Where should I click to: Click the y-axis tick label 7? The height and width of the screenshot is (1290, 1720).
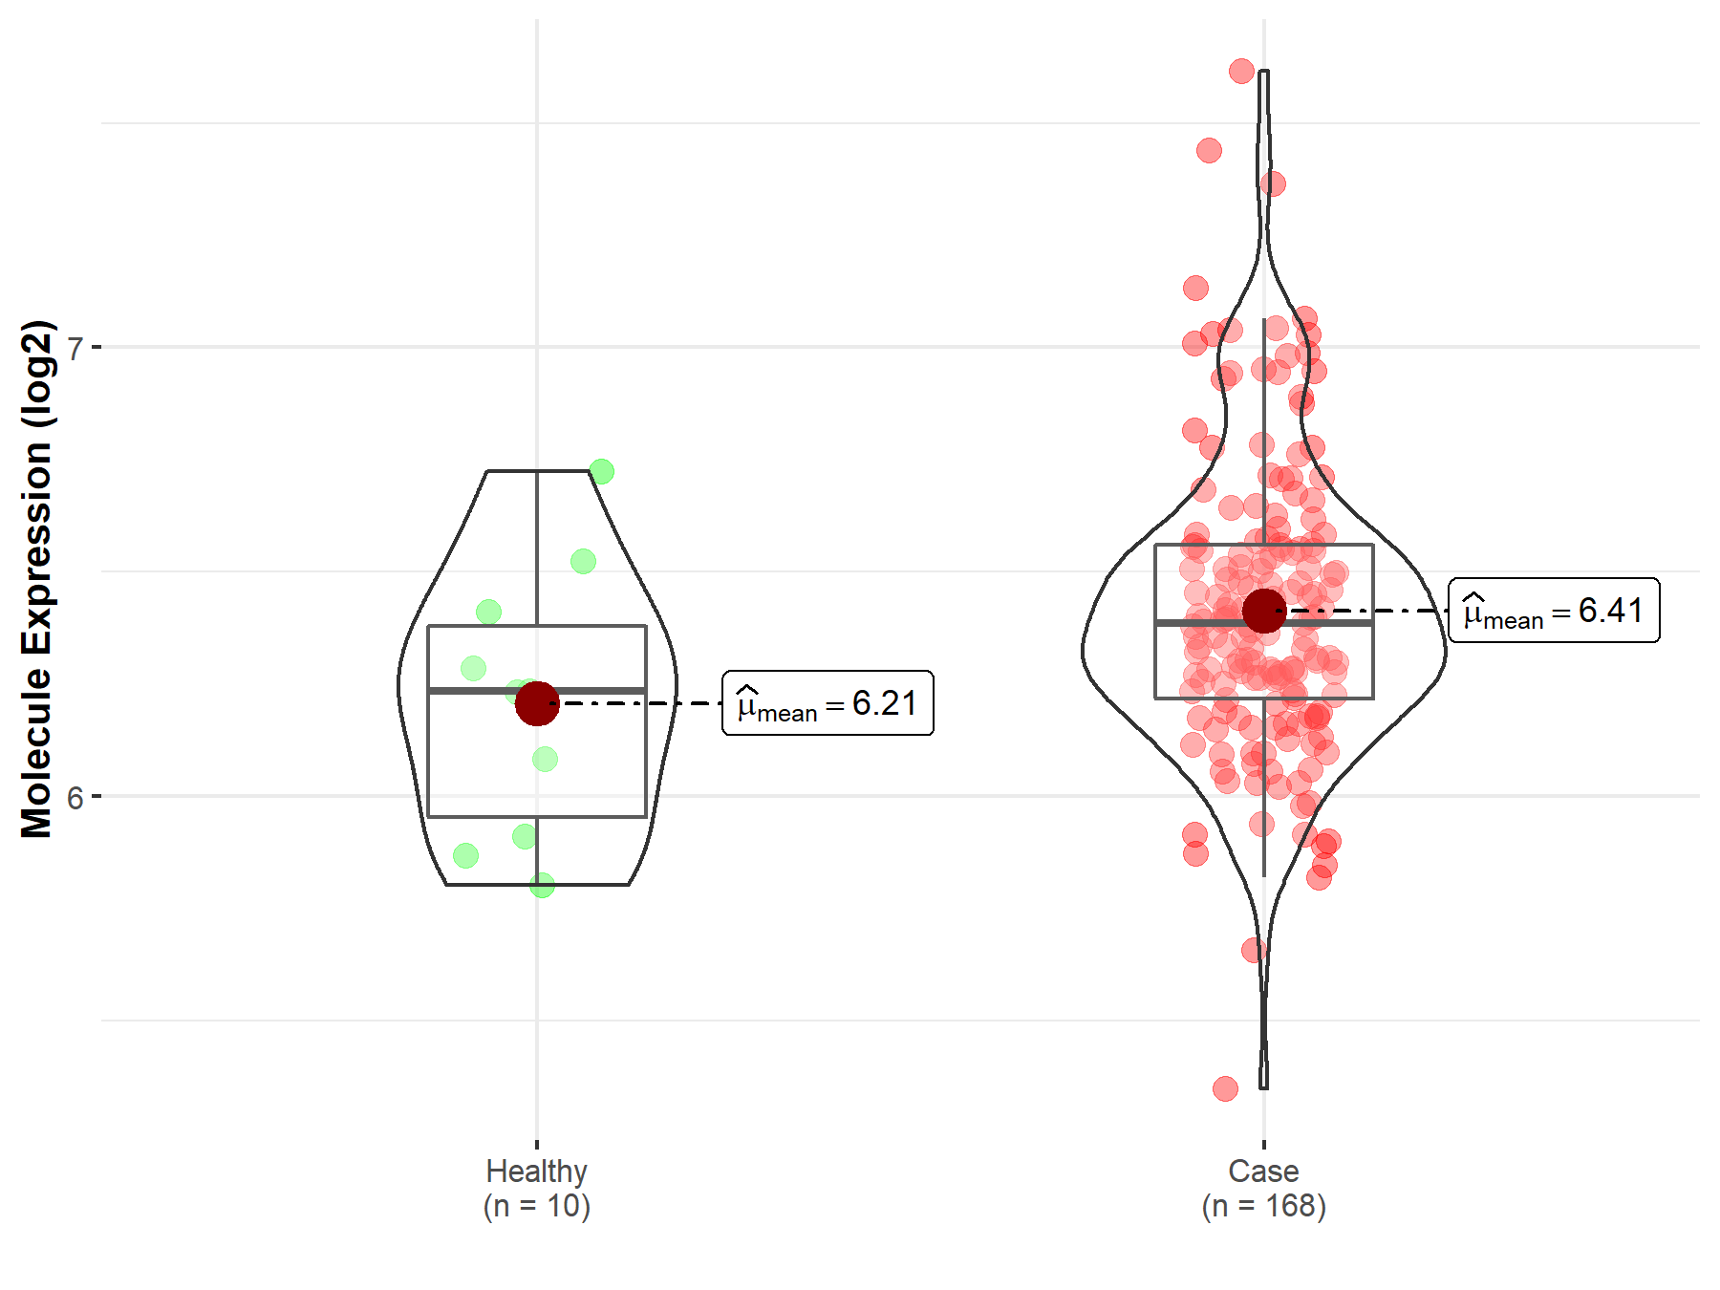75,348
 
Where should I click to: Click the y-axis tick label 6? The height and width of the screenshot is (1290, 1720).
75,797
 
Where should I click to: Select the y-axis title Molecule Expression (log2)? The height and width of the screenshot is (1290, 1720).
36,579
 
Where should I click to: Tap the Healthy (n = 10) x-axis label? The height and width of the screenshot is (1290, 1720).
536,1188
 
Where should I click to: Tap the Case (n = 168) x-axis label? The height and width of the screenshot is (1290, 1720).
1263,1188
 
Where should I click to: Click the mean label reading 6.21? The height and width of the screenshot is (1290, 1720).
828,703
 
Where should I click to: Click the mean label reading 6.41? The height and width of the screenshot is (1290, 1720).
1554,611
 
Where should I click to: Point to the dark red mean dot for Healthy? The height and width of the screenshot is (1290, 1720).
536,703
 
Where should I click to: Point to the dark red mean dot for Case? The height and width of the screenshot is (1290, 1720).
1263,611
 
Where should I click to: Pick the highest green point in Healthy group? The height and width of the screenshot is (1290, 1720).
601,471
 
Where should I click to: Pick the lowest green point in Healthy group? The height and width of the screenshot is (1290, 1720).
542,885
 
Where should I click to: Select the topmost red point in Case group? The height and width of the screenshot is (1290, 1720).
1241,71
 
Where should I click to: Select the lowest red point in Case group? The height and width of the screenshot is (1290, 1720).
1225,1088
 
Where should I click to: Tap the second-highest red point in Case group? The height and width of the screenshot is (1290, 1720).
1209,150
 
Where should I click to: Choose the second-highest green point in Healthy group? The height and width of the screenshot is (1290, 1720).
583,561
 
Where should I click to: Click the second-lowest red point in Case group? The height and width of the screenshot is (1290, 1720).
1254,950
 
